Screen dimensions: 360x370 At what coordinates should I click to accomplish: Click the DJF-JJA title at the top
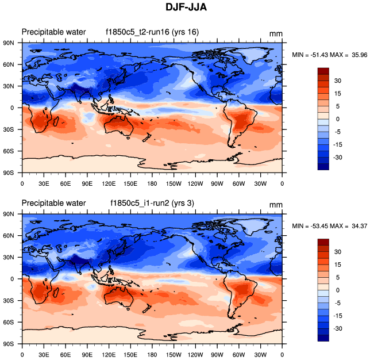coord(184,9)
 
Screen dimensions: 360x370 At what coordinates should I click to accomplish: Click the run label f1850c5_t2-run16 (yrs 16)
coord(152,32)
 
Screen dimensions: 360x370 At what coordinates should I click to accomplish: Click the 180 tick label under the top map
coord(152,183)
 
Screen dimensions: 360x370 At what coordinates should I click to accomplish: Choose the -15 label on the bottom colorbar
coord(339,315)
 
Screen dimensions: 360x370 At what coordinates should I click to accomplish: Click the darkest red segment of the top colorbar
coord(323,71)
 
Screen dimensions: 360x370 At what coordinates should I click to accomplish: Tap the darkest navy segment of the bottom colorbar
coord(323,338)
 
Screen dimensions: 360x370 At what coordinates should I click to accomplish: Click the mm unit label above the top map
coord(276,34)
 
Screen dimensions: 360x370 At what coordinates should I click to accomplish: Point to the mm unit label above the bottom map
coord(276,205)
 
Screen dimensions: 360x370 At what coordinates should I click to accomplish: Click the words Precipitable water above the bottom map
coord(53,203)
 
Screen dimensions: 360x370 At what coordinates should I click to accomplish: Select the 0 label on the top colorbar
coord(338,118)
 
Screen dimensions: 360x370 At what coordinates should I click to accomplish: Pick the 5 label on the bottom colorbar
coord(338,277)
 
